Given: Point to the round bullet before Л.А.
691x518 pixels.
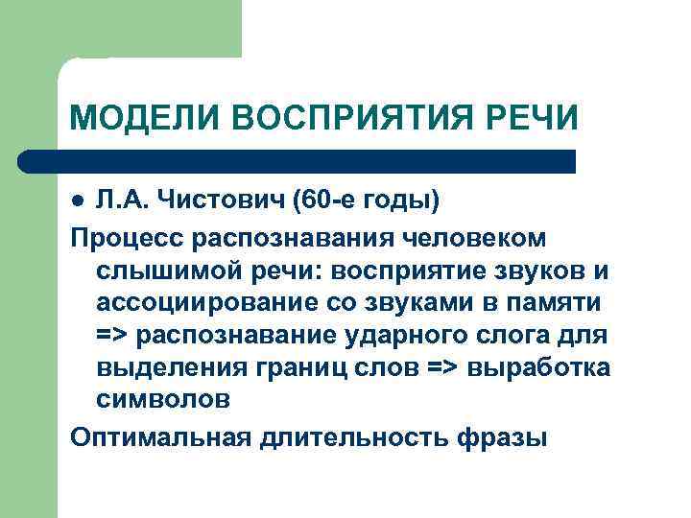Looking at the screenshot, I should click(79, 200).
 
